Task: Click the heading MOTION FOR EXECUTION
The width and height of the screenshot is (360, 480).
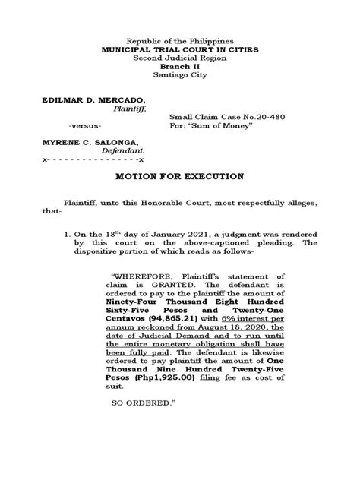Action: click(179, 176)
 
